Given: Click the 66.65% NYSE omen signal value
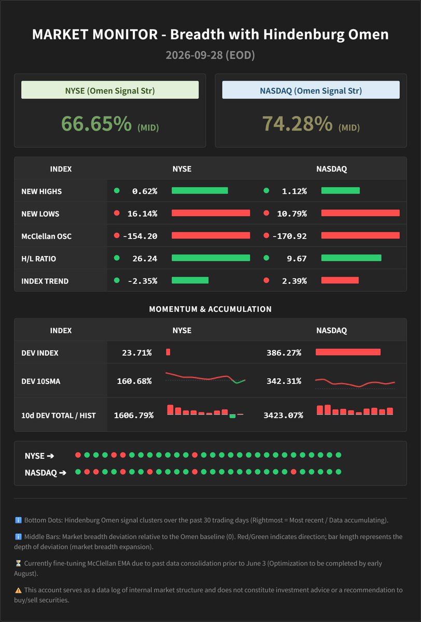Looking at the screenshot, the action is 96,123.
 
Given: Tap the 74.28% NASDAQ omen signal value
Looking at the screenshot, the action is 298,123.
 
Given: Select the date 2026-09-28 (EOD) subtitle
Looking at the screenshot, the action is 210,55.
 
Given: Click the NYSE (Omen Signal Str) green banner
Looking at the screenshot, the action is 110,90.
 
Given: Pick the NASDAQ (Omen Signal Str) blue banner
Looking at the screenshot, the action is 311,90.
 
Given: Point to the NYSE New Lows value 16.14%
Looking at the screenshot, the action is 143,214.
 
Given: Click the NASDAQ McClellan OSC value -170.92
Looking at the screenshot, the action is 290,236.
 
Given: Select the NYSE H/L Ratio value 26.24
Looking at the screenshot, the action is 145,259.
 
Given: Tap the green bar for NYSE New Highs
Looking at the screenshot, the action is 200,191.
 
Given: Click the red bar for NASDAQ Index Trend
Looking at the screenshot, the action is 340,280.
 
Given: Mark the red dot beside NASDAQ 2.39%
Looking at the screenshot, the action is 266,280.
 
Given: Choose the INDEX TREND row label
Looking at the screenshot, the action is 45,281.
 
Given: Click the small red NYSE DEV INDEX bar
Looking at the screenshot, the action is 168,352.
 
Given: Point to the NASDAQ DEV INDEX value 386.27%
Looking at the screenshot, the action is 284,352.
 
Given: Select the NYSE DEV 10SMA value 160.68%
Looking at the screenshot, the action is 134,381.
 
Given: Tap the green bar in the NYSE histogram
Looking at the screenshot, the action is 233,416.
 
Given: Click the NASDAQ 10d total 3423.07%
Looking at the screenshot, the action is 283,415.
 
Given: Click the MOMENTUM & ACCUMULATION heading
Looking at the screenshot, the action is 210,309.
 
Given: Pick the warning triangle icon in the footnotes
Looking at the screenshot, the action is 18,590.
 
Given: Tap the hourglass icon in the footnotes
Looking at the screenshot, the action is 18,563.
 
